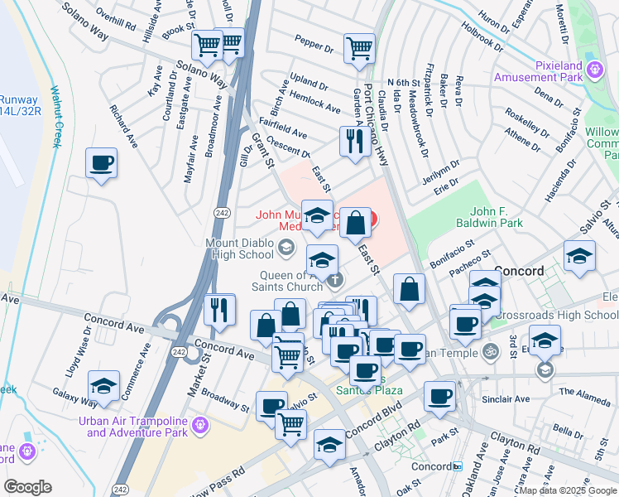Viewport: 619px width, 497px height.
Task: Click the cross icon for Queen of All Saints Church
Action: [334, 279]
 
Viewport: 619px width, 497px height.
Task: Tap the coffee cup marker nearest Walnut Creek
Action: [101, 162]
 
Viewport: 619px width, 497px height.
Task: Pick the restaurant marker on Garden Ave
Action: [354, 142]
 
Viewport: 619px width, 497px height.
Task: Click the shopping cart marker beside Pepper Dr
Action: [359, 48]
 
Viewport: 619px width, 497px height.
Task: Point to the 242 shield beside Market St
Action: [190, 355]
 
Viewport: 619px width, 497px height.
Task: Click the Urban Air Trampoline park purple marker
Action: [199, 427]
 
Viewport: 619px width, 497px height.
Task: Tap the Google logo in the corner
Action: [27, 487]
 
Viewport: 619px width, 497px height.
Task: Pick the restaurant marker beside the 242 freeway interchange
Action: [218, 309]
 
